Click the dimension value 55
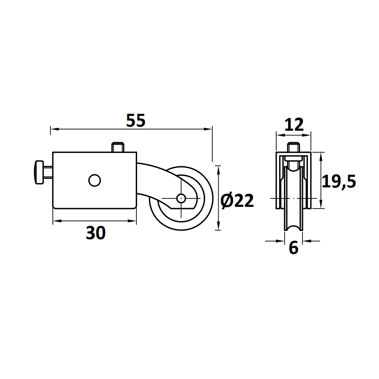[x=136, y=121]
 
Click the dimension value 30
[x=96, y=233]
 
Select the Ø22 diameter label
[x=237, y=200]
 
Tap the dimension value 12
[x=294, y=125]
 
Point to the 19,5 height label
[x=339, y=181]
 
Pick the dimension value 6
[x=294, y=248]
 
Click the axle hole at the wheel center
[x=181, y=198]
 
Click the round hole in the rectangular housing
[x=94, y=180]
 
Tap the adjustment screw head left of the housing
[x=39, y=172]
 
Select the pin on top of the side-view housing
[x=118, y=148]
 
